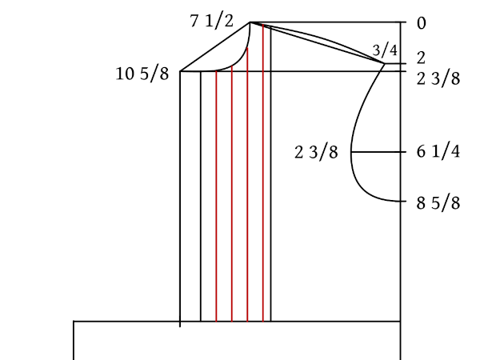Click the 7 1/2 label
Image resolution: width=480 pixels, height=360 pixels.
click(211, 21)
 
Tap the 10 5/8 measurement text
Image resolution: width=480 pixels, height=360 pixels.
click(142, 74)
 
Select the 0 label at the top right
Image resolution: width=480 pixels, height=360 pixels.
click(422, 23)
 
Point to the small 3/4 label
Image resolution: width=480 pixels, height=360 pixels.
click(385, 50)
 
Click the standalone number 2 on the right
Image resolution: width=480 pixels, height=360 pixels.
click(421, 58)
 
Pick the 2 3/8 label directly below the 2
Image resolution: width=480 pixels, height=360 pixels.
click(438, 78)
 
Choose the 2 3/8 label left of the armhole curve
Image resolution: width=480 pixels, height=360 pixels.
click(316, 152)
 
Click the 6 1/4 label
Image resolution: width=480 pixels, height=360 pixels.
click(438, 151)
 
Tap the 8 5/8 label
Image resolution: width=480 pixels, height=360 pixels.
click(438, 203)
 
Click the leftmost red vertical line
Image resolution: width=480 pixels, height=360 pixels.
click(216, 196)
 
